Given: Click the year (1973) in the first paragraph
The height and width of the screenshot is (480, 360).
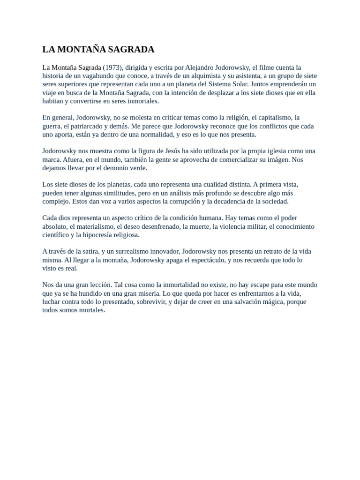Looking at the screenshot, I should tap(113, 67).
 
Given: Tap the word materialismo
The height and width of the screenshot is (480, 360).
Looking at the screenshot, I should tap(92, 226).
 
